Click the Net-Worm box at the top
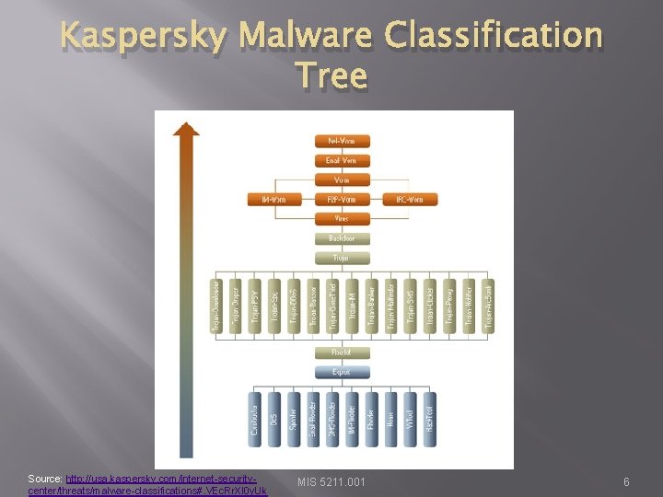pos(342,142)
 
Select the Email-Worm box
pos(342,161)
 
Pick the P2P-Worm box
pos(342,200)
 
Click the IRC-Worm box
pos(410,200)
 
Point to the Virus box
pos(342,219)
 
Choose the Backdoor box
pos(342,238)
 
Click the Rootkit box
pos(342,353)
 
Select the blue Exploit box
pos(342,373)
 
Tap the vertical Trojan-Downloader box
pos(217,306)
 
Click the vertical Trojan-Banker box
pos(372,306)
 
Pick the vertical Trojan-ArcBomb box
pos(488,306)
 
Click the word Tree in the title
pos(332,75)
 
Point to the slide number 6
pos(626,482)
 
